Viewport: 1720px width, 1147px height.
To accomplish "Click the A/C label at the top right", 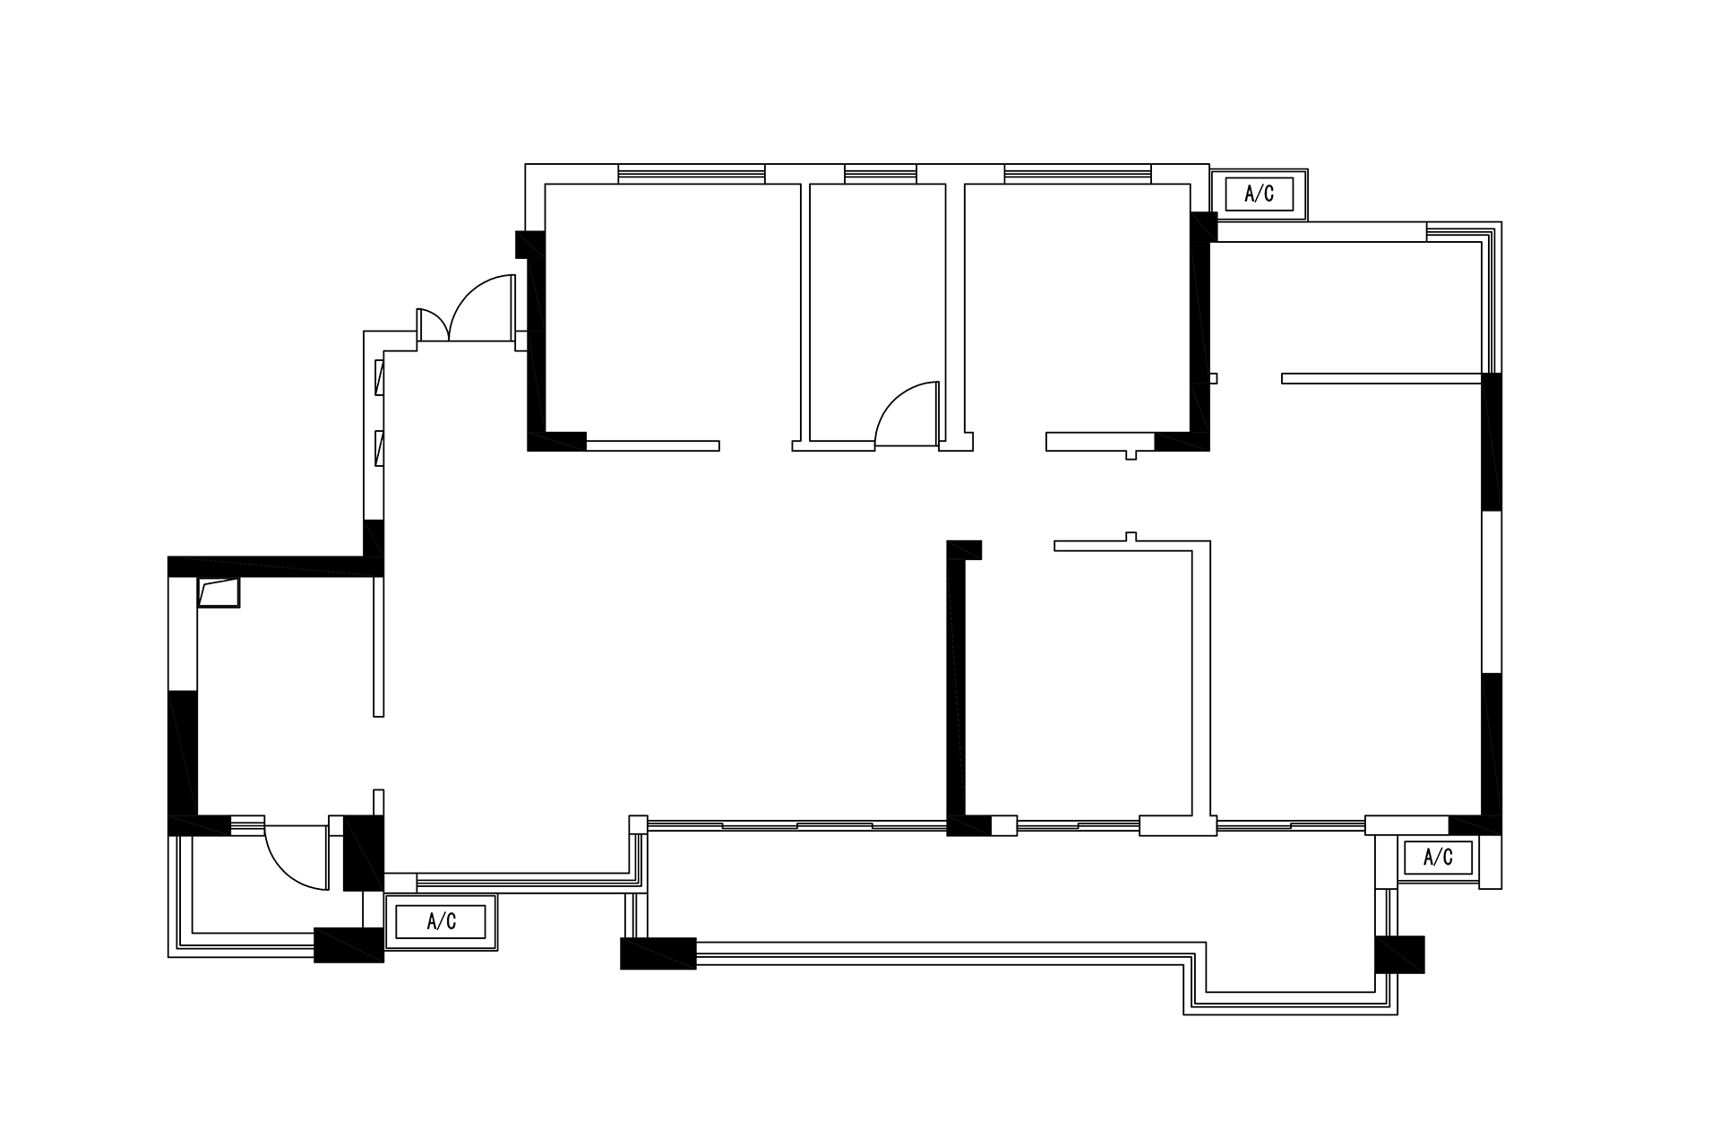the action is click(x=1259, y=194).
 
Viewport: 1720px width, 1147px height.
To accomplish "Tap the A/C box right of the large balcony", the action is click(x=1438, y=858).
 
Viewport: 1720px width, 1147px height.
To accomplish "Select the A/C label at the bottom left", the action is click(x=441, y=921).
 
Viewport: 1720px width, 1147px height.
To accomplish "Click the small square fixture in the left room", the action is click(x=219, y=593).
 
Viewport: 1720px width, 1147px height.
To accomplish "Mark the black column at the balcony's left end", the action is click(x=658, y=953).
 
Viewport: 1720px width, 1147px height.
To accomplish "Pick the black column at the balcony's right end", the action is click(x=1399, y=953).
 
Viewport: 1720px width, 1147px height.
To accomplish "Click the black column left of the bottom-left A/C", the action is click(x=348, y=945).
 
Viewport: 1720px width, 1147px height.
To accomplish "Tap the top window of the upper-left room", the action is click(x=691, y=174).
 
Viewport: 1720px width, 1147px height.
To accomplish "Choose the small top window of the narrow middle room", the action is click(x=881, y=174).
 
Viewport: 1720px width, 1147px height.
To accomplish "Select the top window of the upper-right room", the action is click(x=1078, y=174).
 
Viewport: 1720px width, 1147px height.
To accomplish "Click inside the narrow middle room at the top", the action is click(x=878, y=296).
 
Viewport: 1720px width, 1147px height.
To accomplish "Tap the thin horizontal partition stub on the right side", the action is click(x=1381, y=378).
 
